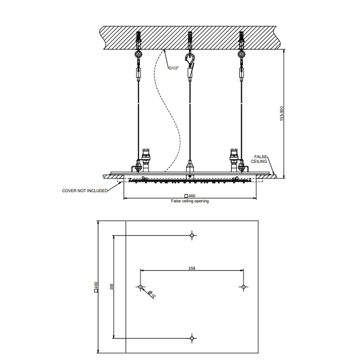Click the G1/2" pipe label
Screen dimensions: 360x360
[x=174, y=68]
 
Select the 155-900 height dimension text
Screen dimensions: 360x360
[x=282, y=114]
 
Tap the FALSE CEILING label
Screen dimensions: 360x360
[x=259, y=159]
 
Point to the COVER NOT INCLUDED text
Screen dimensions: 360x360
[x=85, y=191]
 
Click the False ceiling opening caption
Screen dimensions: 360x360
[x=190, y=201]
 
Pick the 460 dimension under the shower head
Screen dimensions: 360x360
[x=190, y=195]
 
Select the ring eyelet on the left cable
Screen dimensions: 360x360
[x=138, y=55]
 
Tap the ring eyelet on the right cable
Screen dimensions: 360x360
[x=241, y=55]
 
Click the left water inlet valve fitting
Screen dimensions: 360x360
[x=146, y=160]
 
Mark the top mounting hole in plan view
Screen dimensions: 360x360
[x=192, y=236]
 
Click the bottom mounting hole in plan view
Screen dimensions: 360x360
[x=192, y=338]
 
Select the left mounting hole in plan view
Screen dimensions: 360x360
[x=140, y=287]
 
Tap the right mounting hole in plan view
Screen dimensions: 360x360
[x=244, y=287]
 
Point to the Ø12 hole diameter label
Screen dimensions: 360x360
[x=152, y=294]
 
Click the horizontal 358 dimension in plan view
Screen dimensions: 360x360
[x=192, y=268]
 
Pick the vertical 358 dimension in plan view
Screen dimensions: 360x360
[x=112, y=287]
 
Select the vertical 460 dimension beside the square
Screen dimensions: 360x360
[x=96, y=287]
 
